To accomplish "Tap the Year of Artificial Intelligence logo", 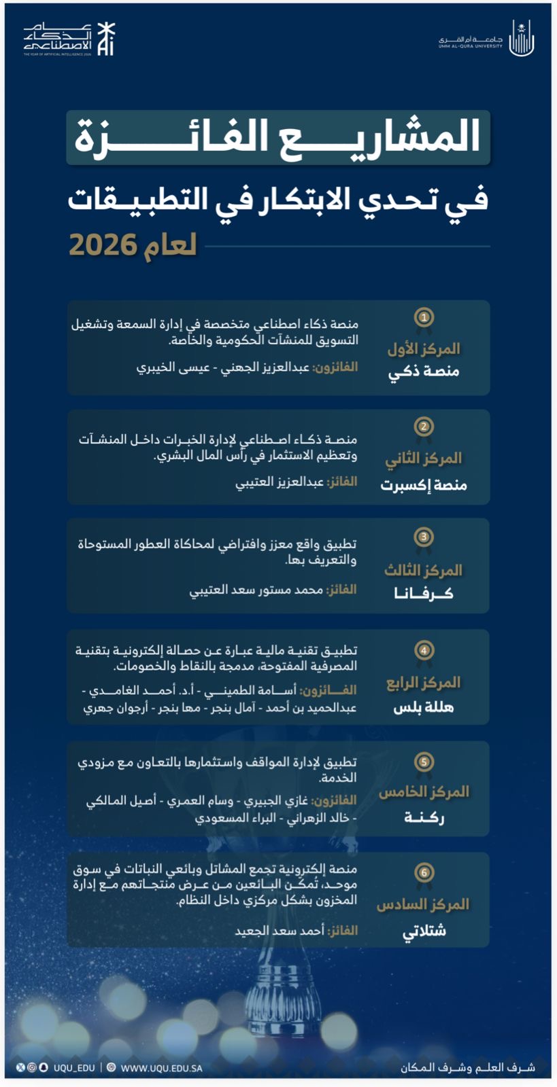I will pyautogui.click(x=69, y=39).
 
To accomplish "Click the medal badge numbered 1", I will pyautogui.click(x=424, y=318).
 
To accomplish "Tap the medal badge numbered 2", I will pyautogui.click(x=424, y=427).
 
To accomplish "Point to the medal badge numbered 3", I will pyautogui.click(x=424, y=537).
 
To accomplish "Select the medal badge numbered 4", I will pyautogui.click(x=424, y=651).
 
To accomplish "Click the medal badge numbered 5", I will pyautogui.click(x=424, y=762).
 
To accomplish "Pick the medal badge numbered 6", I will pyautogui.click(x=424, y=873).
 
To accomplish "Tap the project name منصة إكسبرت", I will pyautogui.click(x=424, y=485).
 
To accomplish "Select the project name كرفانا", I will pyautogui.click(x=424, y=594).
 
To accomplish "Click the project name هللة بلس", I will pyautogui.click(x=424, y=708).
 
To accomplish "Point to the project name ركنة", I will pyautogui.click(x=424, y=817).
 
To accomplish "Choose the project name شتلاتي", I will pyautogui.click(x=424, y=931).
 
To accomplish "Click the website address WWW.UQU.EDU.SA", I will pyautogui.click(x=161, y=1068).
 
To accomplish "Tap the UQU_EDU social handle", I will pyautogui.click(x=74, y=1068).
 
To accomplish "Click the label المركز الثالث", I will pyautogui.click(x=423, y=570).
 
